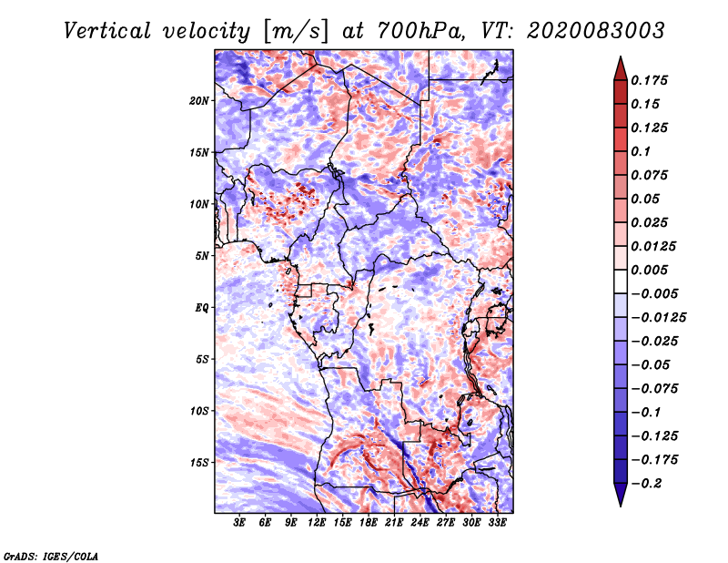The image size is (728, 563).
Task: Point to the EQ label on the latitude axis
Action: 202,307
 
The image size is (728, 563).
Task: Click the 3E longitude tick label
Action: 240,524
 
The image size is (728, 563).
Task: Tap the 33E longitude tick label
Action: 498,524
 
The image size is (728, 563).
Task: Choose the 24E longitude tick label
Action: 420,524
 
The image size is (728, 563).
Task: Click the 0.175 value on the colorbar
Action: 652,80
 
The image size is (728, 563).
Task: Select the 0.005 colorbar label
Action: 652,270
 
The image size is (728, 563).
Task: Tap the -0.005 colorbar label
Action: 655,293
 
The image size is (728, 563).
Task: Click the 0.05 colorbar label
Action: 646,199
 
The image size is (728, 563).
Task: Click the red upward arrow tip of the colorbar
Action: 619,64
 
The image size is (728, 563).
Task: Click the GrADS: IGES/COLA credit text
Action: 51,555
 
